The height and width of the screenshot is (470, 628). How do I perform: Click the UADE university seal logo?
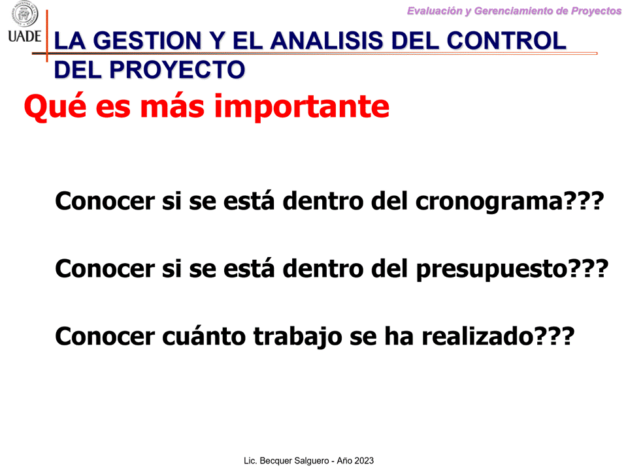point(25,14)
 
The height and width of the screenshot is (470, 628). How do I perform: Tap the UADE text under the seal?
point(24,37)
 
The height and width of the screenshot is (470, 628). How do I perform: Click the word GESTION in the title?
point(147,41)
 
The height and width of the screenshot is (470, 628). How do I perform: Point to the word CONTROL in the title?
point(506,41)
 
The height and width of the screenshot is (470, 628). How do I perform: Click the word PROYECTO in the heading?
point(177,70)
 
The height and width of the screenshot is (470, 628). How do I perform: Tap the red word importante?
point(302,107)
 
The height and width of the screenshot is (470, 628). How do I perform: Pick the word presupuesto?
point(492,269)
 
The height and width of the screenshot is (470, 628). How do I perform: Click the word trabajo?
point(297,337)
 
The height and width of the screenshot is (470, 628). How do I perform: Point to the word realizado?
point(478,336)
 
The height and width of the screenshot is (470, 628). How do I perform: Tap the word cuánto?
point(203,336)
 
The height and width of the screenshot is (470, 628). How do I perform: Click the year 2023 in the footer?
point(363,461)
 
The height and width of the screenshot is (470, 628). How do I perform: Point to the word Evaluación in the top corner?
point(435,11)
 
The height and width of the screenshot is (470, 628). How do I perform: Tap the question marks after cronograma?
point(583,200)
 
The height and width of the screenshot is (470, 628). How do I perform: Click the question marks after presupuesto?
point(588,268)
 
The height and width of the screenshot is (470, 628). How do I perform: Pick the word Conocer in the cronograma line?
point(105,201)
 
